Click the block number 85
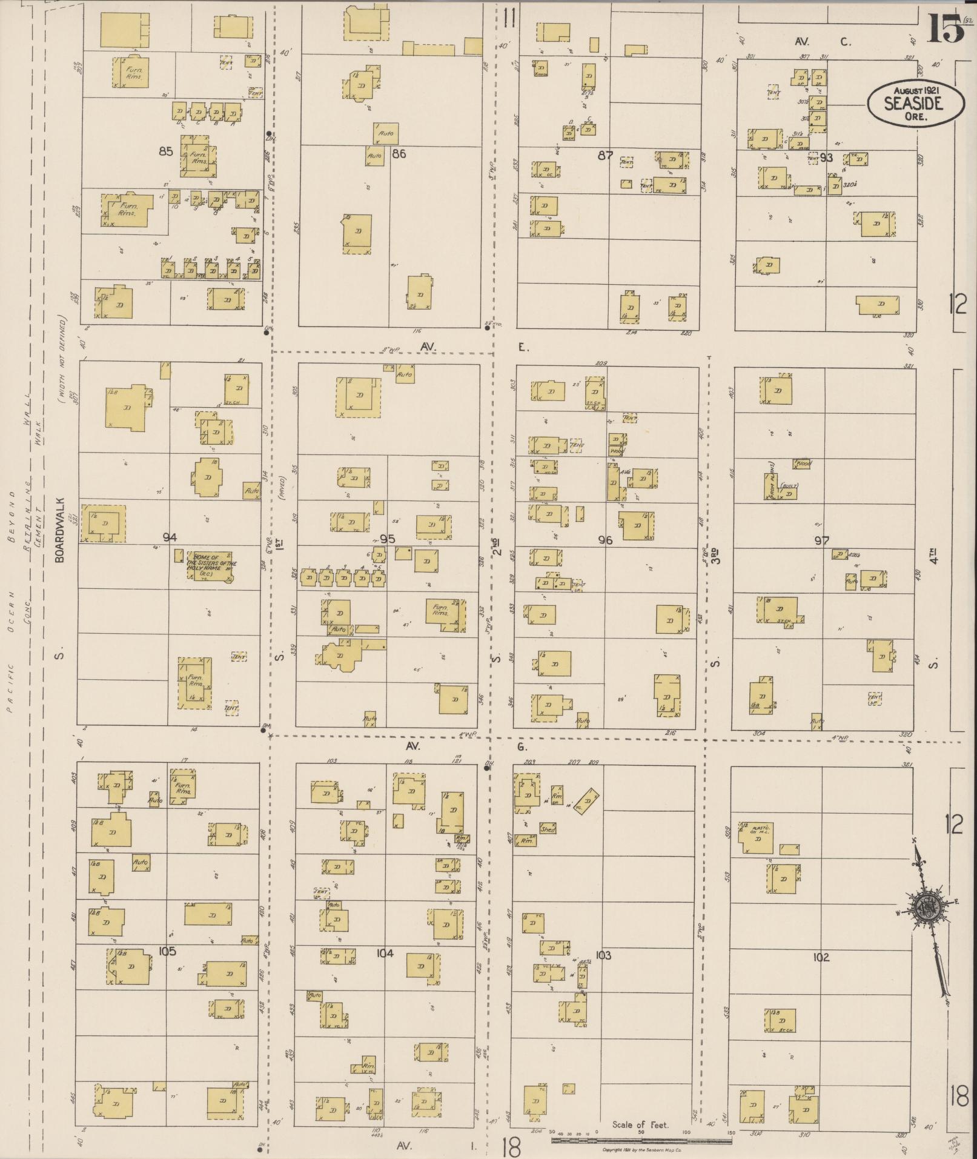166,151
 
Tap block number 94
170,537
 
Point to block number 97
821,540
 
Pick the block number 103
603,955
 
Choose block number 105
167,951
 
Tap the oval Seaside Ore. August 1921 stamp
915,103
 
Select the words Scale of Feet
640,1125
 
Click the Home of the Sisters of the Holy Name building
211,567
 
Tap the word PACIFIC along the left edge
10,686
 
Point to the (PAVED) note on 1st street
282,494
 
